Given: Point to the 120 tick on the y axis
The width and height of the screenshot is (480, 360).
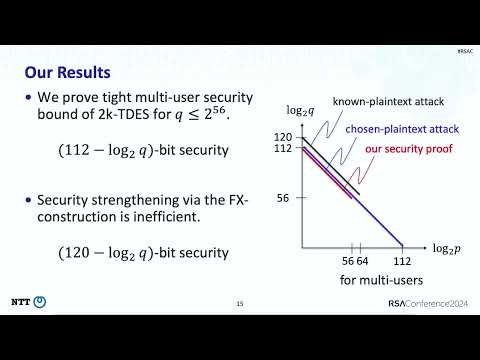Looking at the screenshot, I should [284, 137].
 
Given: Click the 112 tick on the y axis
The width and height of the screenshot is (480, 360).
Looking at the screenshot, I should [284, 149].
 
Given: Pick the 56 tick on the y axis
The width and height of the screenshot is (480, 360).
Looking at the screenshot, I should [284, 198].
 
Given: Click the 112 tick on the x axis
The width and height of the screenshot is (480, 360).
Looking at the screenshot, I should [403, 261].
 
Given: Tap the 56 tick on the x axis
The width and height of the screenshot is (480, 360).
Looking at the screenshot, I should [349, 261].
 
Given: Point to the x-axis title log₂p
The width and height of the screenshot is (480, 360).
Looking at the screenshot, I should [446, 246].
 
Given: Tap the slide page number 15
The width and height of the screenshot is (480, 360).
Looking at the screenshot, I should [240, 304].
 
